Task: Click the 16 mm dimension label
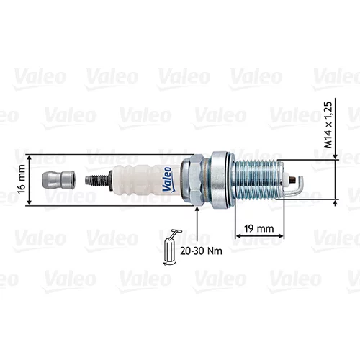click(22, 179)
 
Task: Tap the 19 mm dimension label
click(259, 228)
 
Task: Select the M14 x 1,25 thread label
click(328, 125)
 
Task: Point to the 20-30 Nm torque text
click(201, 251)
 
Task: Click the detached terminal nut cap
click(58, 179)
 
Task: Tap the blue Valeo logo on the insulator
click(168, 179)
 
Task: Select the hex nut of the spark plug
click(193, 180)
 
